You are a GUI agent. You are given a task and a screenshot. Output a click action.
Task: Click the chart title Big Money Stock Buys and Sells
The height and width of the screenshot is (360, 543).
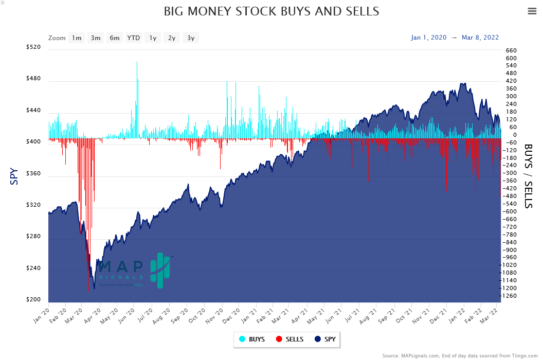click(271, 11)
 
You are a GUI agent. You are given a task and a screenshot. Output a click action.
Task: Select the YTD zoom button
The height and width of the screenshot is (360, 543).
click(134, 38)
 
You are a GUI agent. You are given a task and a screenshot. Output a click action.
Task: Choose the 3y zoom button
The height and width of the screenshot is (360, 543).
click(191, 38)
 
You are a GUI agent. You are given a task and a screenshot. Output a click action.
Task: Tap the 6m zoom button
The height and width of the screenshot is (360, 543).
click(115, 38)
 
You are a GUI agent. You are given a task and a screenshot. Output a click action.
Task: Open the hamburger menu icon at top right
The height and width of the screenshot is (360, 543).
click(532, 12)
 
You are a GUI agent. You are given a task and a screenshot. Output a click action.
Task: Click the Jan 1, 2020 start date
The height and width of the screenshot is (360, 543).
click(428, 38)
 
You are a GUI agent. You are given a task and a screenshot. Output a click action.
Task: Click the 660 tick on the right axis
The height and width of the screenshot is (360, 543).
click(511, 50)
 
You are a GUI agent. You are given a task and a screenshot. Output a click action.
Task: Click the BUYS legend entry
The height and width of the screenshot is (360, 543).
click(252, 339)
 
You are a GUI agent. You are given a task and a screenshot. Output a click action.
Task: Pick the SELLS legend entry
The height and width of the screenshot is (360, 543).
click(289, 339)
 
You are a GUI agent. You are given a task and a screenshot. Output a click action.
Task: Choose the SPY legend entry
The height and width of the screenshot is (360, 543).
click(325, 339)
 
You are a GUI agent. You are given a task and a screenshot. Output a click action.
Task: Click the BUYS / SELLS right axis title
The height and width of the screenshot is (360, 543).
click(529, 175)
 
